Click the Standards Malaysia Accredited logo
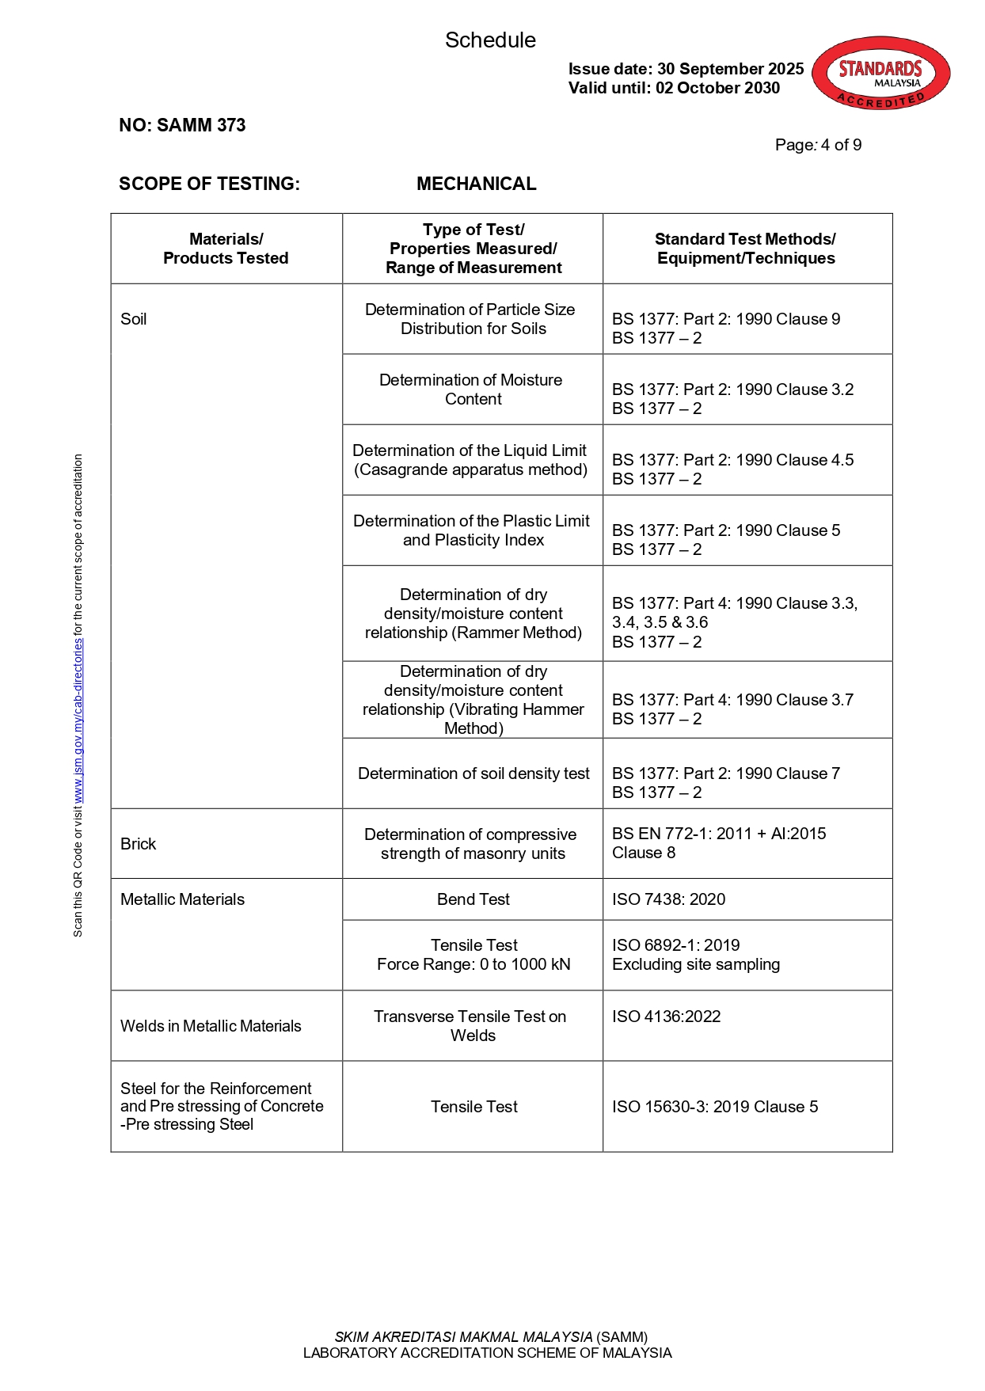(880, 73)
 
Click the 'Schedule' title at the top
(490, 40)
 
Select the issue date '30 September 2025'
(730, 69)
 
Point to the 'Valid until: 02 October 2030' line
(674, 88)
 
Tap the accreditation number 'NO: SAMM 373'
(182, 125)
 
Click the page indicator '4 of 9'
(841, 145)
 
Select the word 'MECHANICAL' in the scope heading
(476, 184)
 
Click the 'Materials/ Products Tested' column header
(226, 249)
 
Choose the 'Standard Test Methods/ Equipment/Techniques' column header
(746, 249)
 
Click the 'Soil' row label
(134, 319)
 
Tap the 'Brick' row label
(139, 844)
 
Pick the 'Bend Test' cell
(473, 899)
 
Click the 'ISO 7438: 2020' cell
(668, 899)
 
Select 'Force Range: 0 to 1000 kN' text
(473, 964)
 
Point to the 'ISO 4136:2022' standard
(666, 1017)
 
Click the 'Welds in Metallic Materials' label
(211, 1026)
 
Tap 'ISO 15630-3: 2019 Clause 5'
(714, 1107)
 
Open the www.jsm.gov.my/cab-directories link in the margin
(78, 721)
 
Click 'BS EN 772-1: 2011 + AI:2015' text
(718, 834)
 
